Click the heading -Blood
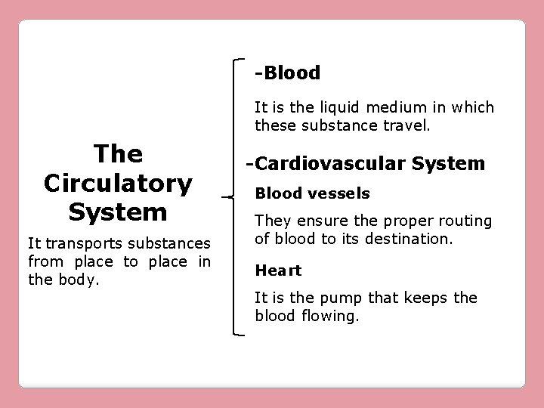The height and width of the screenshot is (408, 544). coord(288,73)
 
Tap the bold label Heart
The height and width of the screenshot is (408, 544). coord(278,270)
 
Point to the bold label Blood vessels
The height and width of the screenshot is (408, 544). coord(312,193)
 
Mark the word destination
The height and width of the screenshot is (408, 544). coord(413,240)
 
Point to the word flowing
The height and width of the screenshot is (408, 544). coord(333,315)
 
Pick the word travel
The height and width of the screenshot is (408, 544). coord(407,124)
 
